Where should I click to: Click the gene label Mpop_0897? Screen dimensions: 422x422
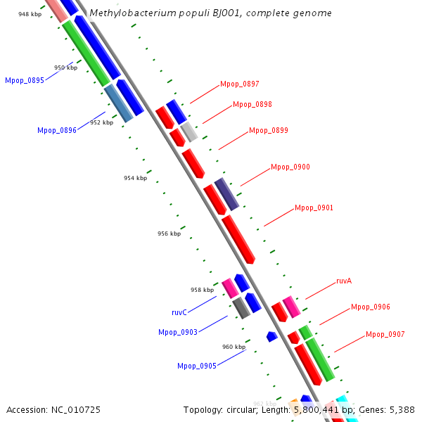pyautogui.click(x=239, y=84)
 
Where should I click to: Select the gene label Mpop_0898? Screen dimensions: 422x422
pyautogui.click(x=252, y=104)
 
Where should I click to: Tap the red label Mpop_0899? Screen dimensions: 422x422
pyautogui.click(x=268, y=130)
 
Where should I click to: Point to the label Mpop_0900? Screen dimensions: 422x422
pyautogui.click(x=290, y=167)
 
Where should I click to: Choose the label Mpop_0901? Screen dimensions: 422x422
pyautogui.click(x=314, y=207)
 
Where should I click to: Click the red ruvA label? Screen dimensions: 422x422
pyautogui.click(x=343, y=281)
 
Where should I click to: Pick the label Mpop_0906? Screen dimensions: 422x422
pyautogui.click(x=370, y=307)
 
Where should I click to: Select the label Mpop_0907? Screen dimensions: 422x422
pyautogui.click(x=385, y=334)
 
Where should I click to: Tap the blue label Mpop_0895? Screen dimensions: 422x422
pyautogui.click(x=24, y=80)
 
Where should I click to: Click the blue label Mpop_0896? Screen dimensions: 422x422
pyautogui.click(x=56, y=130)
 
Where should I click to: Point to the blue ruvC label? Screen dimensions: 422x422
pyautogui.click(x=179, y=312)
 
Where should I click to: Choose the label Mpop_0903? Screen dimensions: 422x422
pyautogui.click(x=177, y=332)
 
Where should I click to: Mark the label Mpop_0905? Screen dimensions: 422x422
pyautogui.click(x=196, y=366)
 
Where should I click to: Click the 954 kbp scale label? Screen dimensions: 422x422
pyautogui.click(x=135, y=178)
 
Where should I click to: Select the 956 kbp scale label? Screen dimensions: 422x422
pyautogui.click(x=169, y=234)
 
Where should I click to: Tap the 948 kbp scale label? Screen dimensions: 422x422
pyautogui.click(x=30, y=14)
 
